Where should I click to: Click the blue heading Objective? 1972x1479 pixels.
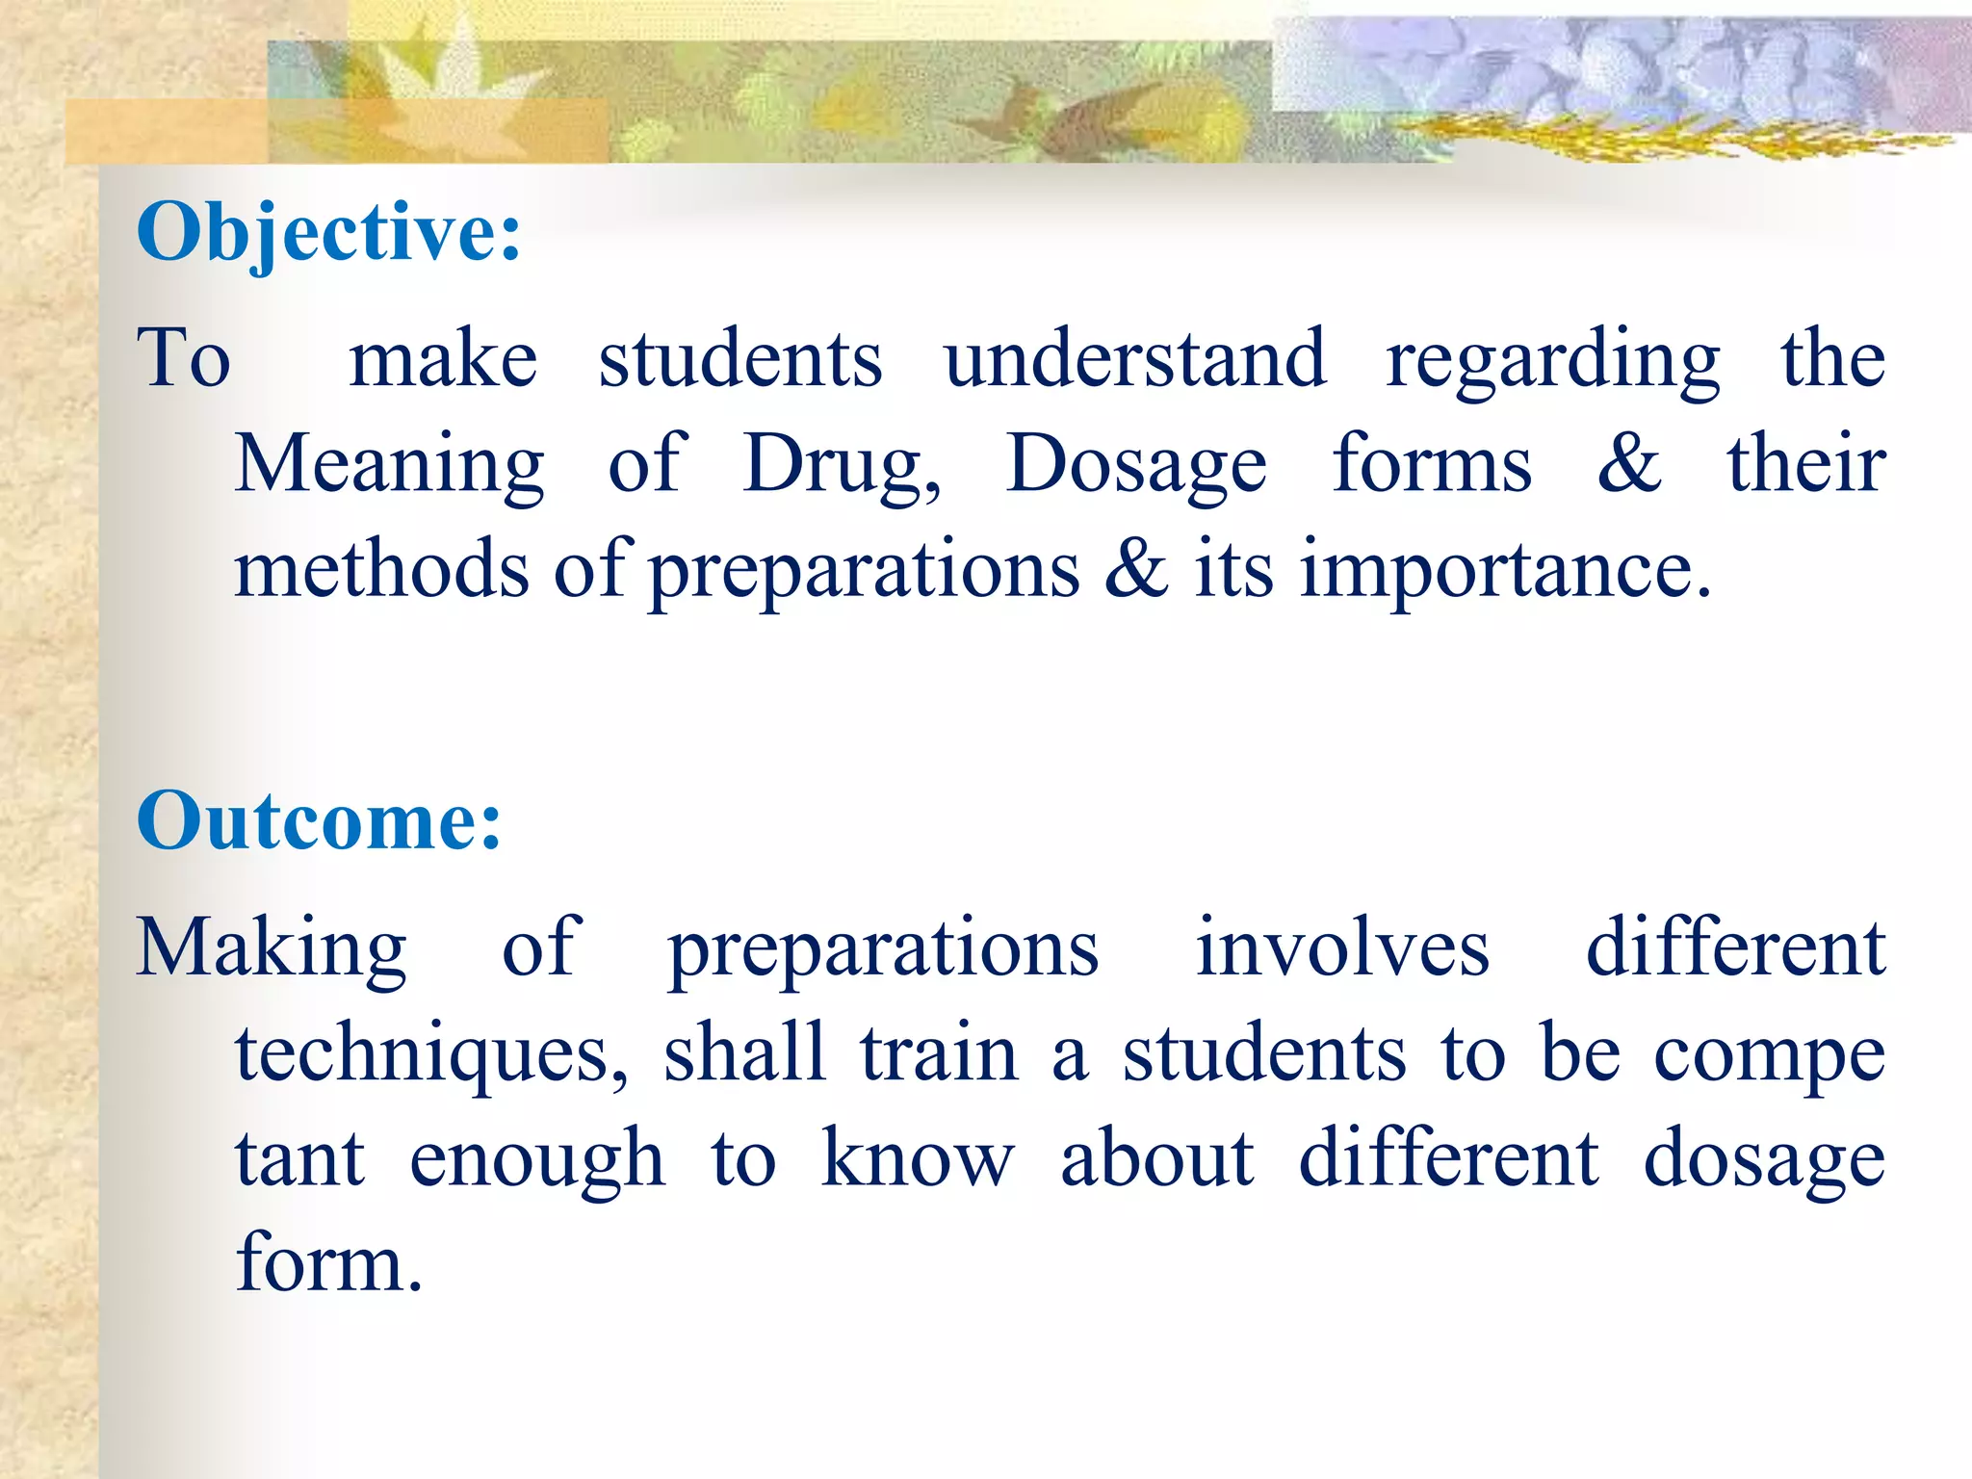point(328,233)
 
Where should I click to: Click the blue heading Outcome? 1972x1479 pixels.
point(319,821)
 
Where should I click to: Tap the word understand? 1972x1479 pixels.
point(1134,359)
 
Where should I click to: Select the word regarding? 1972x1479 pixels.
point(1552,362)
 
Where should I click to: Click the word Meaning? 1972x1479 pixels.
point(390,466)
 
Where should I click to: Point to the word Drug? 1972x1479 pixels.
point(842,466)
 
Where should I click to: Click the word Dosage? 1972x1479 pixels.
point(1136,466)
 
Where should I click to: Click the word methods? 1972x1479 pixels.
point(382,570)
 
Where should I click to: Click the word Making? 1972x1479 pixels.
point(272,949)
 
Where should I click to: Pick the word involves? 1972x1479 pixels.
point(1342,949)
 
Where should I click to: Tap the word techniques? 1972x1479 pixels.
point(432,1055)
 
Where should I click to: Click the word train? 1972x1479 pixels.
point(939,1053)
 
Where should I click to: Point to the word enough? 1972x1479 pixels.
point(537,1161)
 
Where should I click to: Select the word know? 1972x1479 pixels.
point(918,1159)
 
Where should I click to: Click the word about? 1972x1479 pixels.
point(1156,1159)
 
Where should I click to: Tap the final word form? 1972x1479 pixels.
point(328,1263)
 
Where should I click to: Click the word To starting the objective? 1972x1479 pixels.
point(184,358)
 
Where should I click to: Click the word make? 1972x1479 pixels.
point(443,361)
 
